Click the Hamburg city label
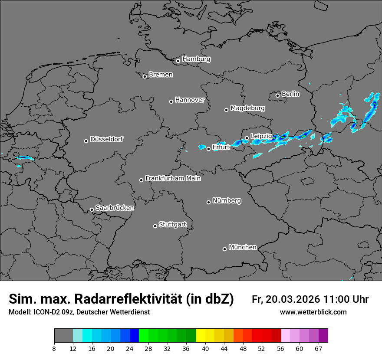point(196,59)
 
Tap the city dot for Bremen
point(145,76)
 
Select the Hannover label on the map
point(190,100)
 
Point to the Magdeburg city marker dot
point(226,110)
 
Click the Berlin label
point(290,94)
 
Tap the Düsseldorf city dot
point(86,141)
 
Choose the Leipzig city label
point(261,136)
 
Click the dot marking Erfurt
point(208,149)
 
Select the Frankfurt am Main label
point(173,178)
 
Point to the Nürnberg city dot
point(208,202)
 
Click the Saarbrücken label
point(115,208)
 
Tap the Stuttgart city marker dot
point(155,226)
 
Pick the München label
point(242,247)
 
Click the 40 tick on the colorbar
point(205,348)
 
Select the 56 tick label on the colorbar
point(280,348)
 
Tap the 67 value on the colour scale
point(318,348)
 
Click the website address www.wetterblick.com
point(313,312)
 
